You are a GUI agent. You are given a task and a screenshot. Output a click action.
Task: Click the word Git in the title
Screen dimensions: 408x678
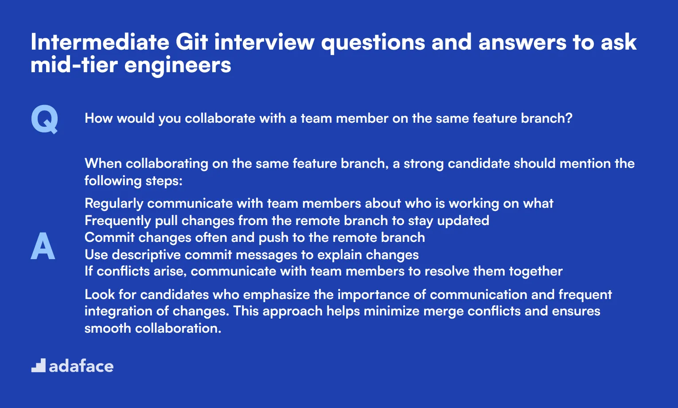click(191, 43)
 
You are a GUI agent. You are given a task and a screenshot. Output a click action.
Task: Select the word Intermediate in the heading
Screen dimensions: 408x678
click(100, 43)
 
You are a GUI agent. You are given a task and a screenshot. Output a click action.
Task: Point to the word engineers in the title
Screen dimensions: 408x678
click(178, 66)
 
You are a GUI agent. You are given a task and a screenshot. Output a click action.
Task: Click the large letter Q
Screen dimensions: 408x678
click(44, 119)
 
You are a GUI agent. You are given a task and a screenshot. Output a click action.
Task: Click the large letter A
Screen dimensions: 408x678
click(43, 246)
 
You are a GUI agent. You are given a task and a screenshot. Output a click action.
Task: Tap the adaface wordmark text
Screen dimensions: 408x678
click(81, 366)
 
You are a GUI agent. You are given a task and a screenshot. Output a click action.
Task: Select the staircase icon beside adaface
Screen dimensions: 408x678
click(39, 365)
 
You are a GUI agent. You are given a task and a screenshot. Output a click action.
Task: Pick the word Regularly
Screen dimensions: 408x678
click(114, 204)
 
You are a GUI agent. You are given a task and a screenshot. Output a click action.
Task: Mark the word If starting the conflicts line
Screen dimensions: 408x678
click(89, 271)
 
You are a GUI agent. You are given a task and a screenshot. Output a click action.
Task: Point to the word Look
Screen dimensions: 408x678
click(99, 295)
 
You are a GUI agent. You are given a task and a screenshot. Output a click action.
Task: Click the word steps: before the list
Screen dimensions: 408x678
click(164, 181)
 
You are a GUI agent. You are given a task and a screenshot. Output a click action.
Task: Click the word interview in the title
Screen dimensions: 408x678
click(265, 43)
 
